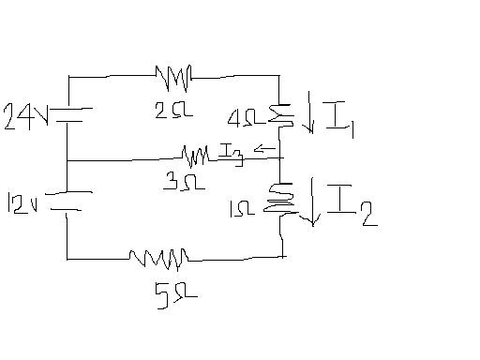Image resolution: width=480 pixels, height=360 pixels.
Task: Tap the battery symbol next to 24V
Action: pos(69,114)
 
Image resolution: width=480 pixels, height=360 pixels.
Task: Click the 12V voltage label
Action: pos(22,202)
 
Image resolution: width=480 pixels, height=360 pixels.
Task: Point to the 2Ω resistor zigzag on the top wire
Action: pos(173,74)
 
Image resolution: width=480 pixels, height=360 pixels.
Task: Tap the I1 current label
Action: pos(339,122)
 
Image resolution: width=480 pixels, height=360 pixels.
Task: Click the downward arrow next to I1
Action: pos(309,117)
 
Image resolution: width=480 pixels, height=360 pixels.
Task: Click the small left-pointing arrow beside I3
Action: pos(266,148)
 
